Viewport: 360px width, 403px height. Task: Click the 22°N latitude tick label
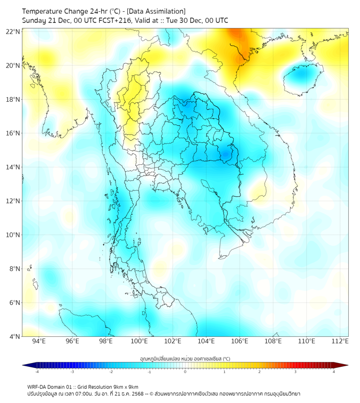tap(13, 31)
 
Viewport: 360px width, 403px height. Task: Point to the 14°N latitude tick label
tap(13, 167)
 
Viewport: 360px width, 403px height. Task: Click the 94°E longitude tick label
tap(39, 341)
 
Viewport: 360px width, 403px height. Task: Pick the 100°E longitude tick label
tap(139, 341)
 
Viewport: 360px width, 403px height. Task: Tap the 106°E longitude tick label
tap(240, 341)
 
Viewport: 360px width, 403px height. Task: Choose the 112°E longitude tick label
tap(340, 341)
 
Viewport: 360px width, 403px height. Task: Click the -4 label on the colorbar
tap(37, 372)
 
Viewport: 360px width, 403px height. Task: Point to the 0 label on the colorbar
tap(185, 372)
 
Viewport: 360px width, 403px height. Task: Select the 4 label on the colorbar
tap(334, 372)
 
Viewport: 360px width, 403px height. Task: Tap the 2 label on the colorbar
tap(260, 372)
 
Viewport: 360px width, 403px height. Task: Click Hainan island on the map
tap(299, 78)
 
